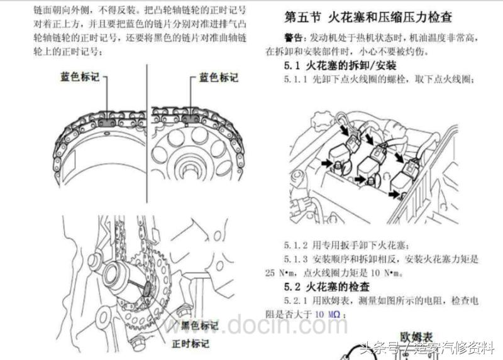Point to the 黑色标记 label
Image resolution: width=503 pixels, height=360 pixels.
click(x=199, y=326)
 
